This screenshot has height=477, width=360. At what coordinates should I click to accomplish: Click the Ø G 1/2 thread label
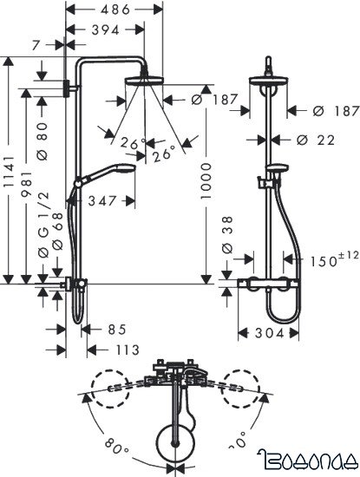point(42,234)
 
